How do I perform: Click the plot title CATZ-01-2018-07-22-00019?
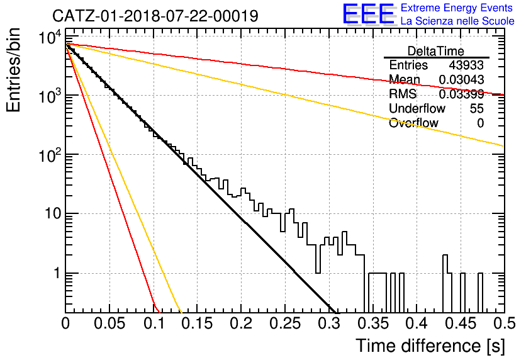pos(155,16)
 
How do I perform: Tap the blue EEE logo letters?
pos(369,14)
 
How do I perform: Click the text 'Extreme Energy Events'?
pos(457,8)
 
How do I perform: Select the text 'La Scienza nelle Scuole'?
pos(457,21)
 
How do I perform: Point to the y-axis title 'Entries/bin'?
pos(14,70)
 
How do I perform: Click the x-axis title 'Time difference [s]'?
pos(430,346)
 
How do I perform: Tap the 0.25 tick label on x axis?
pos(285,323)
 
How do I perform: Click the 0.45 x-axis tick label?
pos(461,323)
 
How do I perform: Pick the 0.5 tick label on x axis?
pos(504,323)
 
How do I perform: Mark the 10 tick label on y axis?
pos(53,214)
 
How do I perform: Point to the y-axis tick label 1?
pos(57,273)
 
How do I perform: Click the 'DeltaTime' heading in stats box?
pos(436,51)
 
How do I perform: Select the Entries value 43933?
pos(466,65)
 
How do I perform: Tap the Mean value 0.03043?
pos(461,80)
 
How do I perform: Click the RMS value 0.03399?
pos(461,94)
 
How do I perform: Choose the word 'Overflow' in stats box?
pos(413,123)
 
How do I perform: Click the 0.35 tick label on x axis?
pos(373,323)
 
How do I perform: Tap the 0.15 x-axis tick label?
pos(198,323)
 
